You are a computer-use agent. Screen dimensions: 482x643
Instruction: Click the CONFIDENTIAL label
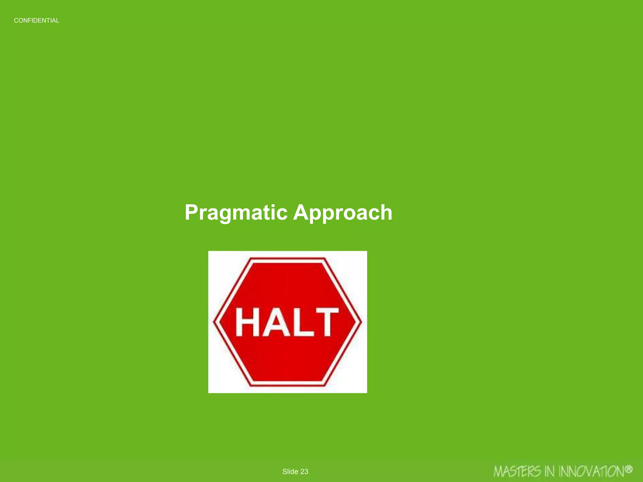click(x=36, y=21)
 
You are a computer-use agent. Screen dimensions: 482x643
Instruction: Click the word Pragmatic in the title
click(x=236, y=213)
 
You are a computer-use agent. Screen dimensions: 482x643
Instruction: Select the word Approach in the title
click(x=343, y=213)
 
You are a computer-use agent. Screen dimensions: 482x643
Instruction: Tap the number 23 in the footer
click(x=304, y=472)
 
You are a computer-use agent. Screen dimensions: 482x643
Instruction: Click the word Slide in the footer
click(x=290, y=472)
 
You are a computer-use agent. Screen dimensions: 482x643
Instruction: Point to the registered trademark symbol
click(x=628, y=469)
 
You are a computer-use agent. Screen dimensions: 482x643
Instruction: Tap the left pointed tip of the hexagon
click(x=214, y=322)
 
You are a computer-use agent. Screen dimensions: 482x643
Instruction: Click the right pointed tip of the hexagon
click(x=361, y=322)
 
